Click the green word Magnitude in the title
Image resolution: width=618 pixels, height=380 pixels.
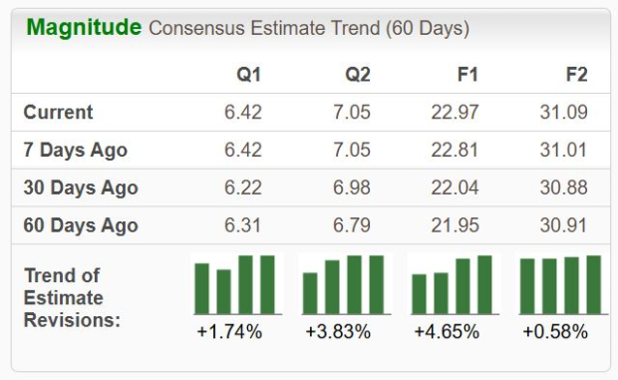(x=84, y=28)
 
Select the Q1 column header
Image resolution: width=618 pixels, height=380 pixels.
(x=248, y=74)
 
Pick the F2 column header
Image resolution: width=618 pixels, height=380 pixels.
(x=575, y=74)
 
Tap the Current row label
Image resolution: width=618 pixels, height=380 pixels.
(x=59, y=113)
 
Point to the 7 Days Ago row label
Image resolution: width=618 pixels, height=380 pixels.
(x=76, y=151)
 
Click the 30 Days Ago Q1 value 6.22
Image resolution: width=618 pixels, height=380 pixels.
(x=243, y=188)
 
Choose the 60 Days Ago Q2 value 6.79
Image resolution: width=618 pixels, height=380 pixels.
(x=352, y=225)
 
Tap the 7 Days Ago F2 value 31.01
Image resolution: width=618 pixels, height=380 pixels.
(x=563, y=151)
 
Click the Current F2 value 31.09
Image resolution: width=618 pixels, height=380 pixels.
(x=563, y=113)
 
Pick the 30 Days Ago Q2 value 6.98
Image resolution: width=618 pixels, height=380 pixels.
(x=352, y=188)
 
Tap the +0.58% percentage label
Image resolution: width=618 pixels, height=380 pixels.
(x=555, y=331)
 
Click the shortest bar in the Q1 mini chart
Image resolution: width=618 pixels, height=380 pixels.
(x=224, y=291)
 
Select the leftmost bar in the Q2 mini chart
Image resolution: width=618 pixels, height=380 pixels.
(x=310, y=293)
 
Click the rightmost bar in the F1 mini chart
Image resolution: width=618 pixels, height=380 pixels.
(x=484, y=285)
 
